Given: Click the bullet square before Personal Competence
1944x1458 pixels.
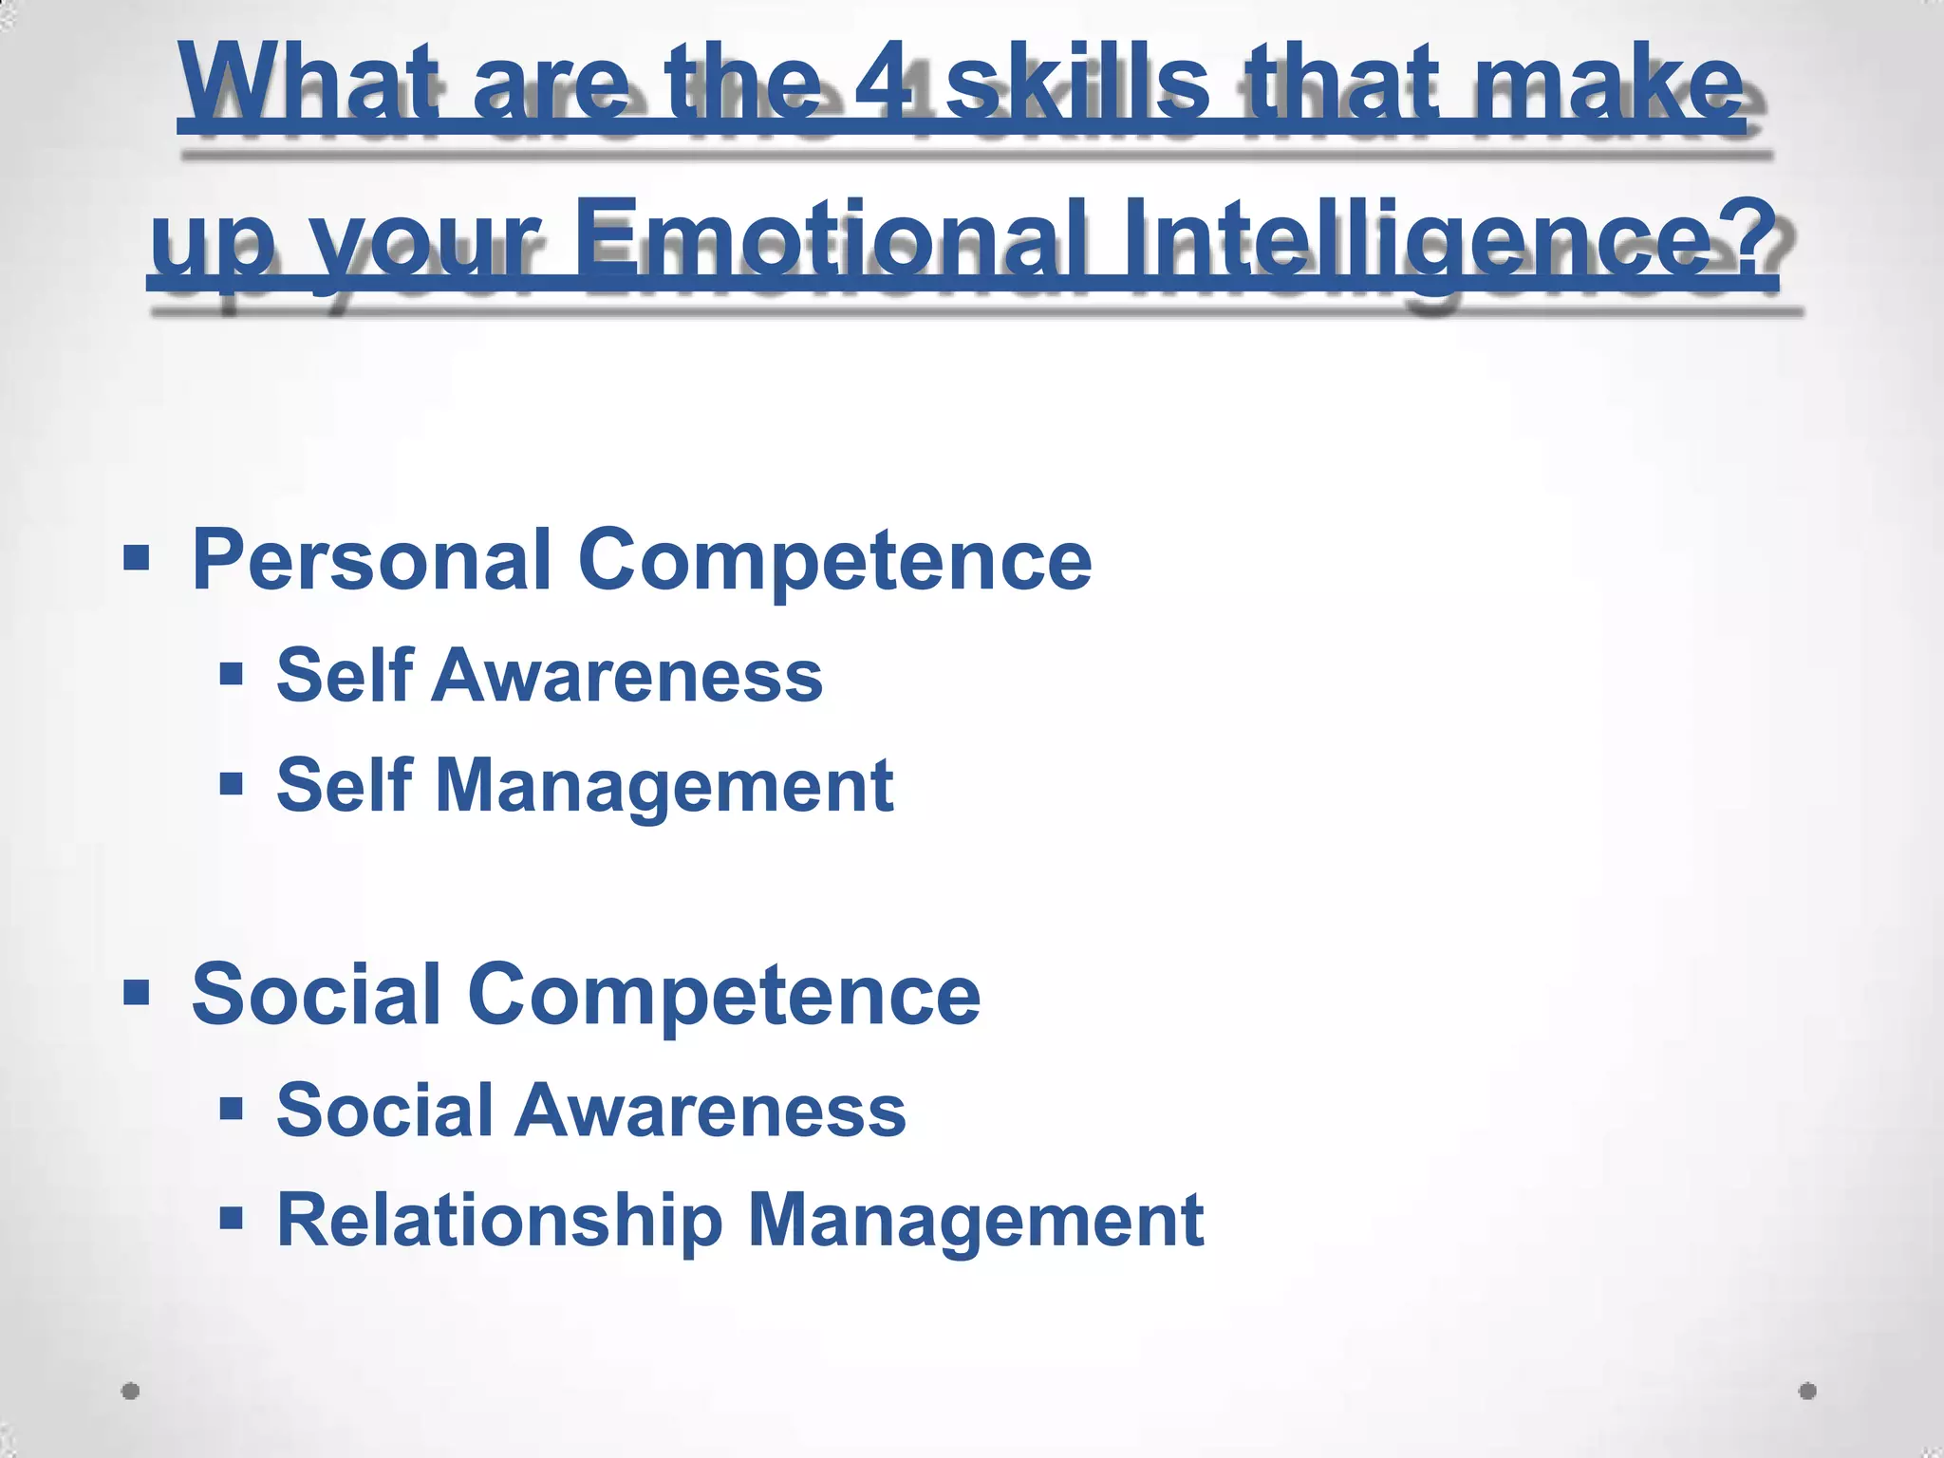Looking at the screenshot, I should pos(137,557).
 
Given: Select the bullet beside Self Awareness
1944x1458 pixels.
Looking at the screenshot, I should pos(231,675).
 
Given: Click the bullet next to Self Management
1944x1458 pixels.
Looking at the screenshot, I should pos(231,785).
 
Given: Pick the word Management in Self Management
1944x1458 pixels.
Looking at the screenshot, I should pos(664,788).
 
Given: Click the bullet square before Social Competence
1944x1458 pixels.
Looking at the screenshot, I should pos(137,993).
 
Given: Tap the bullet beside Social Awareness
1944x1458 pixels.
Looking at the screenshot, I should pos(231,1109).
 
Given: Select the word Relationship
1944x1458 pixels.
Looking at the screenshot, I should pos(499,1221).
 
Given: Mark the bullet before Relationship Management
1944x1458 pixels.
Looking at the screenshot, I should pos(231,1218).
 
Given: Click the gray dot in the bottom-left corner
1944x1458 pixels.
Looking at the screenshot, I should pos(131,1392).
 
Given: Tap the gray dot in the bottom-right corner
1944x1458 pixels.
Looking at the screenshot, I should pos(1807,1392).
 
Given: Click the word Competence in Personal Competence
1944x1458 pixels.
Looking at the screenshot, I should pos(834,560).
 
